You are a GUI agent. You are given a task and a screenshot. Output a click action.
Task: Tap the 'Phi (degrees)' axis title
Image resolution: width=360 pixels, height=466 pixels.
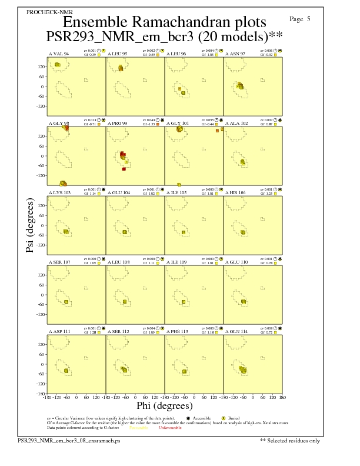pos(164,405)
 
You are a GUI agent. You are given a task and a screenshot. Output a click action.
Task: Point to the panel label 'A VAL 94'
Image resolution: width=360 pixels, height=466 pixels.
pos(58,54)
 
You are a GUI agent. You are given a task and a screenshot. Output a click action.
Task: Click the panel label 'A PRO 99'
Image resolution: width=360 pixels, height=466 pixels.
pos(118,124)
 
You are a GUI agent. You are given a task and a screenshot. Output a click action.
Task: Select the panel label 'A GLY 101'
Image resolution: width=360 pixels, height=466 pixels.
pos(179,124)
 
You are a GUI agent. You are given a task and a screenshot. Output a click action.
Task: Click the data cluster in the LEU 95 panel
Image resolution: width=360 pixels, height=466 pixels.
pos(121,69)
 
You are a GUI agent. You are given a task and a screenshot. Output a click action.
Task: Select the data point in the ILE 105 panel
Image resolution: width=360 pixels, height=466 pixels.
pos(184,232)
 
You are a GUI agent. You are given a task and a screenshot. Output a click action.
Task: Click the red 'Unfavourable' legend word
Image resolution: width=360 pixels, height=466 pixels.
pos(171,428)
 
